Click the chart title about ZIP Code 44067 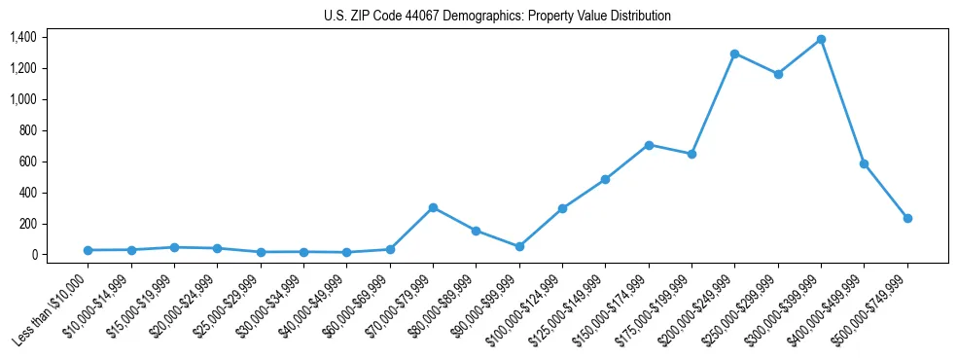tap(497, 17)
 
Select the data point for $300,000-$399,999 tap(821, 39)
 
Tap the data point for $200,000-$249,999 tap(734, 54)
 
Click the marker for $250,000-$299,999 tap(778, 74)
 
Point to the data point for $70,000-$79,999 tap(433, 207)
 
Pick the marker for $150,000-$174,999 tap(649, 145)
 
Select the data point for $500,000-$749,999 tap(907, 218)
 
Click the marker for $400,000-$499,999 tap(864, 163)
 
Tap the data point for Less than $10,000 tap(89, 250)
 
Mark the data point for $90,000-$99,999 tap(519, 246)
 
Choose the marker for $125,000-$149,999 tap(605, 179)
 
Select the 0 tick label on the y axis tap(34, 255)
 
